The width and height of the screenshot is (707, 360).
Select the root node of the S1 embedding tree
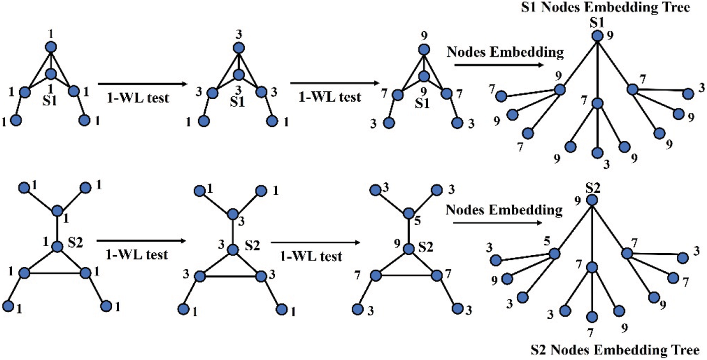pyautogui.click(x=597, y=36)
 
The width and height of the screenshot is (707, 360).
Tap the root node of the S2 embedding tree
pyautogui.click(x=592, y=200)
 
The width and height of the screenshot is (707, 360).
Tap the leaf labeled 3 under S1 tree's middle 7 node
pyautogui.click(x=597, y=153)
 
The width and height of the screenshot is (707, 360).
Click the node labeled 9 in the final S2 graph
pyautogui.click(x=409, y=248)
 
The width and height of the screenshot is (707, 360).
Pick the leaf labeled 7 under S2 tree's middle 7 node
pyautogui.click(x=592, y=317)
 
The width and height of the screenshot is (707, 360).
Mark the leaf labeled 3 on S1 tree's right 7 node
pyautogui.click(x=688, y=94)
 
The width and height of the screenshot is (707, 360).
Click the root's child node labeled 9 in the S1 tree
pyautogui.click(x=560, y=90)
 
